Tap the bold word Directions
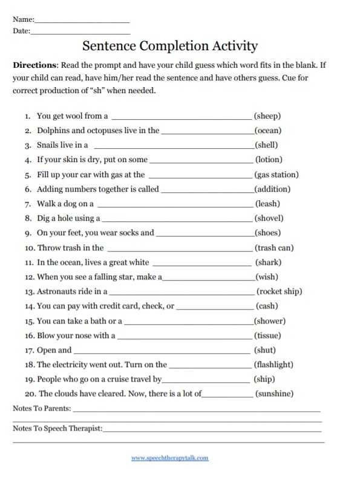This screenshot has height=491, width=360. pos(34,65)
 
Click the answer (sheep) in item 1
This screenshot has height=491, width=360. pos(267,115)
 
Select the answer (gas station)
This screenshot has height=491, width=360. pos(277,175)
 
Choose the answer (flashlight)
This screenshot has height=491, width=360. pos(274,365)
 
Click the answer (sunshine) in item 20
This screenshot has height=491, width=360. pos(275,394)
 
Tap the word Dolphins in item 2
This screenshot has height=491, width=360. pos(53,131)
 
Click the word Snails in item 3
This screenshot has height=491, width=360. pos(48,145)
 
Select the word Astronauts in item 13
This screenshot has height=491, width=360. pos(58,291)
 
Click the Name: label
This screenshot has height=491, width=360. pos(24,19)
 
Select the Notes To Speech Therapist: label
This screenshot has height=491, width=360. pos(57,429)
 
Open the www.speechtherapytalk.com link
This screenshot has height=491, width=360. pos(170,458)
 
